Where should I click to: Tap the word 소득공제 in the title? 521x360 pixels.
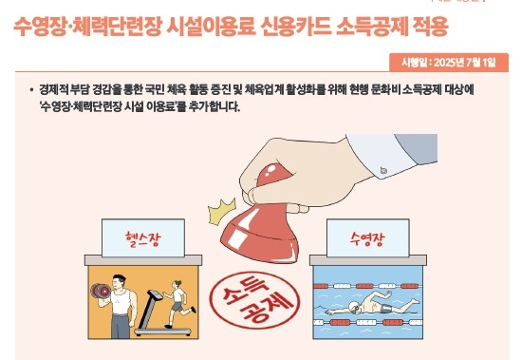pos(378,26)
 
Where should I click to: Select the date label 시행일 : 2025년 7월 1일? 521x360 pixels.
pos(456,63)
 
